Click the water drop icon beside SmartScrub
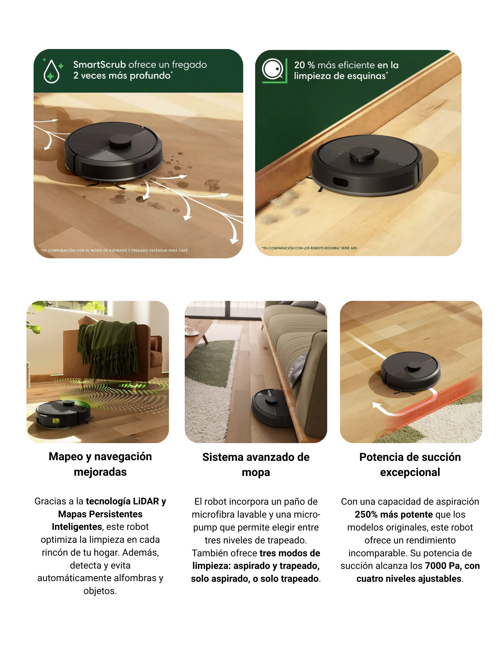(x=51, y=71)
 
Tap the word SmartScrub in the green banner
(x=99, y=64)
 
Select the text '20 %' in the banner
(x=304, y=65)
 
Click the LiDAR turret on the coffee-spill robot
(x=120, y=141)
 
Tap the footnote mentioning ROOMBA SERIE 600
(x=309, y=248)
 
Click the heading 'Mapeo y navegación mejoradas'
(x=100, y=464)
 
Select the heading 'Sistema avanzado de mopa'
(x=256, y=465)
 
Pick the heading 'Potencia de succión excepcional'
(x=410, y=465)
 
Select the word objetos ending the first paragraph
(x=100, y=591)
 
